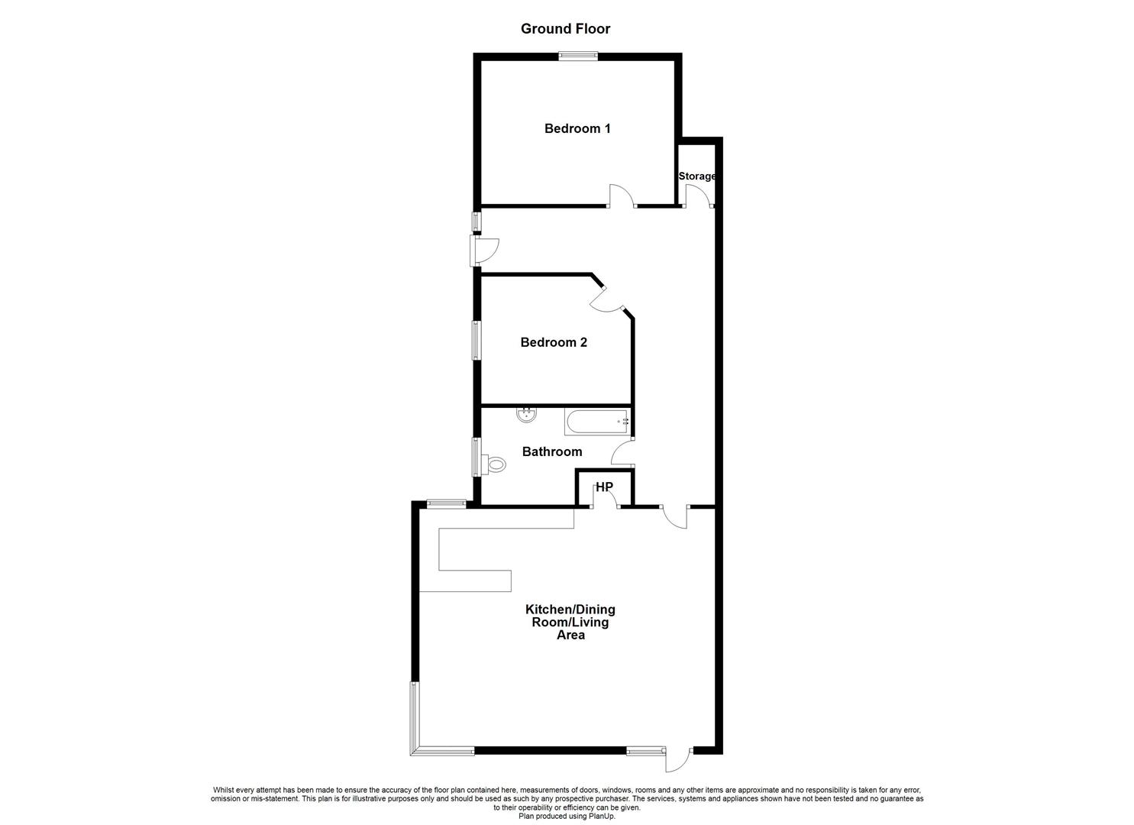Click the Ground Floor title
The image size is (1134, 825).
point(566,29)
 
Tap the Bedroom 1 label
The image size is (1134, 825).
point(577,128)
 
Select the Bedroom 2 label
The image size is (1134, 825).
point(554,342)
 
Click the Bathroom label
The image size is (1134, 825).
point(552,451)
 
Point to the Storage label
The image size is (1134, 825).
point(697,176)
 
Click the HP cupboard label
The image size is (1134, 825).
point(605,487)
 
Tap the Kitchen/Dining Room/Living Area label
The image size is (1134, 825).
point(570,622)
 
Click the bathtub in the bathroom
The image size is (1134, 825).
point(597,422)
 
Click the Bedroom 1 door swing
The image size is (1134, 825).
point(622,196)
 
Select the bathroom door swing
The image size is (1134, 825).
point(622,452)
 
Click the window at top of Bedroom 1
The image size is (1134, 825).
point(578,57)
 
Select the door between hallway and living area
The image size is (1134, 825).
point(675,518)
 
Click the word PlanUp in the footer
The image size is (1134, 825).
point(603,817)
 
